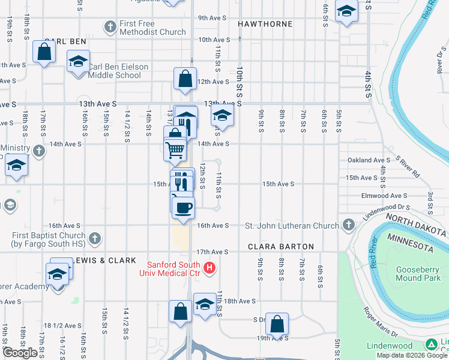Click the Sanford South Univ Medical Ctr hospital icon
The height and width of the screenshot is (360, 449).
pyautogui.click(x=209, y=268)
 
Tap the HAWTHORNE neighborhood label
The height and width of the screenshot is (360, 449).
pyautogui.click(x=265, y=24)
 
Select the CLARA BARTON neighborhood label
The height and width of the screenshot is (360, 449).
pyautogui.click(x=281, y=247)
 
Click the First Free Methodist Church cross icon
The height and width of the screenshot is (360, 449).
pyautogui.click(x=110, y=27)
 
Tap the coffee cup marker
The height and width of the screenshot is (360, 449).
pyautogui.click(x=183, y=207)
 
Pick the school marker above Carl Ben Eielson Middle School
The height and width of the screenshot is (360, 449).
pyautogui.click(x=78, y=62)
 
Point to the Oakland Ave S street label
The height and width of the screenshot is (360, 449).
pyautogui.click(x=369, y=160)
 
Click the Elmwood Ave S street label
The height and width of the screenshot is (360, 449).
pyautogui.click(x=384, y=196)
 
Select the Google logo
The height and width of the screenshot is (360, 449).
pyautogui.click(x=20, y=353)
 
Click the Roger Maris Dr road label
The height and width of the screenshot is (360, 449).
pyautogui.click(x=380, y=322)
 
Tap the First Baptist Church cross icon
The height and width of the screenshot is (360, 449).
pyautogui.click(x=94, y=239)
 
